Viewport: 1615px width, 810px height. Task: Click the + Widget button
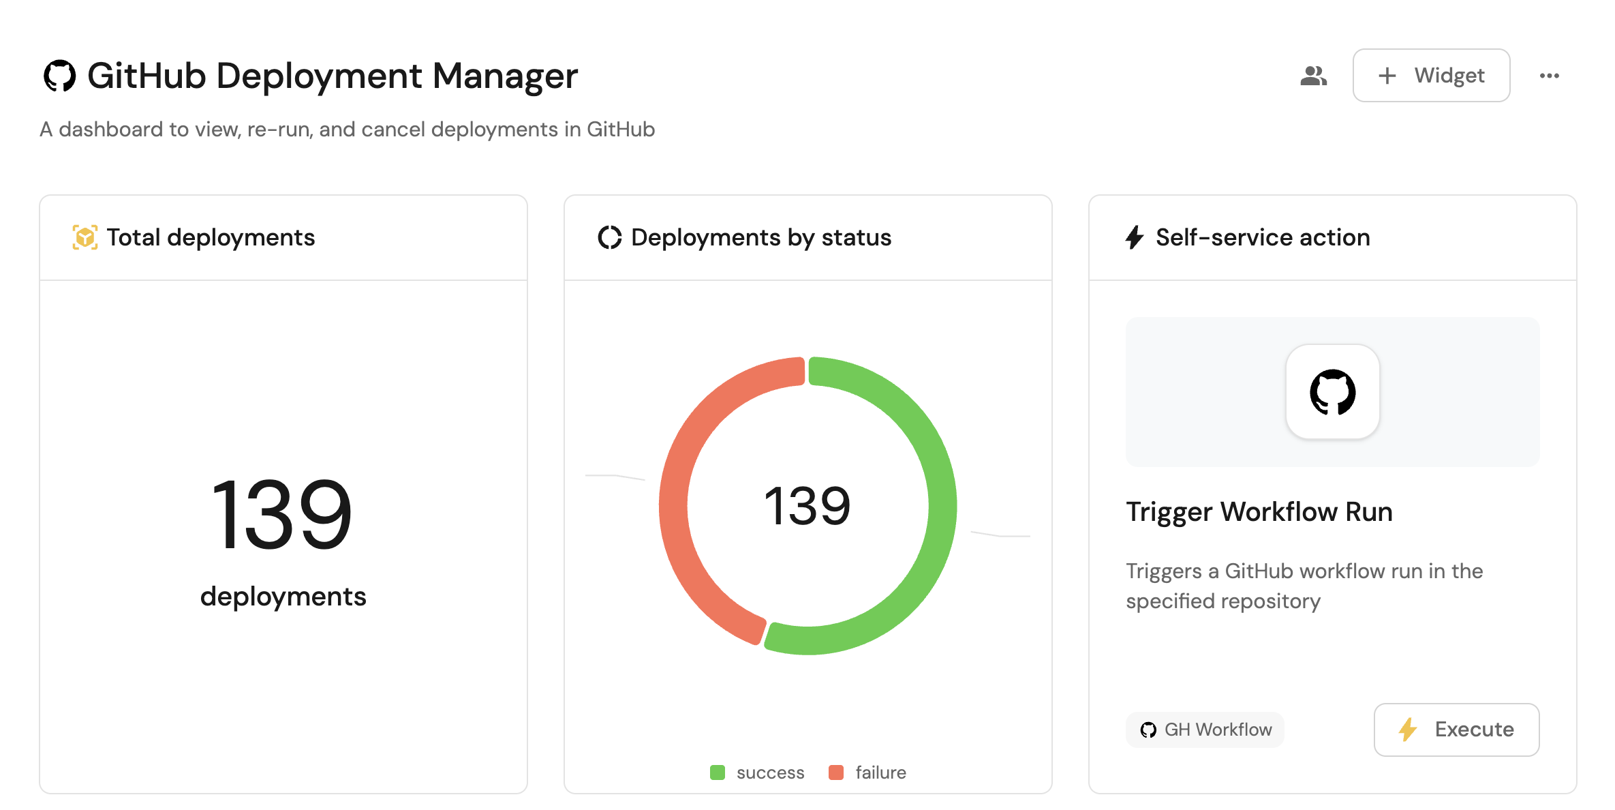(1430, 76)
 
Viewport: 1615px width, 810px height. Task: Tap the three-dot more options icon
(1549, 76)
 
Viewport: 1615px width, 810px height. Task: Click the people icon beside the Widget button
(1313, 76)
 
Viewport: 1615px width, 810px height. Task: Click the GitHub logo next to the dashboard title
(60, 76)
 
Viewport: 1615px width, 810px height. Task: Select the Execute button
(1456, 729)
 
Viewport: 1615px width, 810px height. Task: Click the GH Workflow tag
(1205, 730)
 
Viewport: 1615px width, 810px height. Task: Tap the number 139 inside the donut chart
(807, 506)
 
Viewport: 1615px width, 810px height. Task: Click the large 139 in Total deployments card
(283, 514)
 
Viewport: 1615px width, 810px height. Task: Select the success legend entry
(758, 772)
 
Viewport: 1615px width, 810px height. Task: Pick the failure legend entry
(867, 772)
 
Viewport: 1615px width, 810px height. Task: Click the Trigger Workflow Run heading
(1259, 512)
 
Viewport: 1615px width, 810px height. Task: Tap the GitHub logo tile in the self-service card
(1332, 392)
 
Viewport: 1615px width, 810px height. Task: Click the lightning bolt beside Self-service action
(1134, 237)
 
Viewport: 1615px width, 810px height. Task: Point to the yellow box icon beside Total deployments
(85, 237)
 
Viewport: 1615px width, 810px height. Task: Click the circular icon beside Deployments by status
(610, 237)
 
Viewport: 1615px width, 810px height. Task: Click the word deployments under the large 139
(283, 597)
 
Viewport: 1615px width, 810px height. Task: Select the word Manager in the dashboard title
(505, 76)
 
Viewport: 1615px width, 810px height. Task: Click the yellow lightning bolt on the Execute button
(1408, 729)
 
